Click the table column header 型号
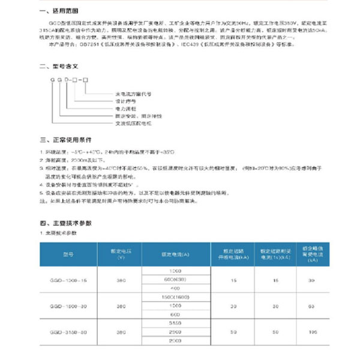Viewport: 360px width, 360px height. (68, 254)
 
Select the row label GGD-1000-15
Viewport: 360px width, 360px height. (68, 280)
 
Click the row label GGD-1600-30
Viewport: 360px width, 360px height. (68, 306)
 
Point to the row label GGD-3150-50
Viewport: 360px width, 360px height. (68, 332)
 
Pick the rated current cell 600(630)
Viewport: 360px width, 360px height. (175, 280)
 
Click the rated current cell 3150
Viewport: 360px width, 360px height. (175, 323)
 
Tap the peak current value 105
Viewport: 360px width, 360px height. (313, 332)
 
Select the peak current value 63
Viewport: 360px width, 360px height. (313, 306)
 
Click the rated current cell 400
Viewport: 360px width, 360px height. (175, 289)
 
